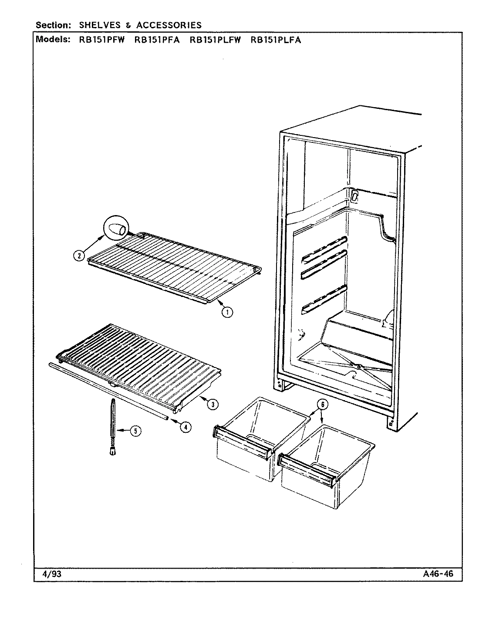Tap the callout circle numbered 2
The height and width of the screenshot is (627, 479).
[78, 256]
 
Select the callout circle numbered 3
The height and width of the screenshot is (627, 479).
[212, 405]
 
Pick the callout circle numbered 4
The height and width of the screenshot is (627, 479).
[185, 427]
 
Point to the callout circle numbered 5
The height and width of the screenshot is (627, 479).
[136, 431]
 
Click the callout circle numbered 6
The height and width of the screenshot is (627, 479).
[321, 405]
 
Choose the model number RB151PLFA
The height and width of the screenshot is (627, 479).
[276, 40]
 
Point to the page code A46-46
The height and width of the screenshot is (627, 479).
[438, 573]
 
